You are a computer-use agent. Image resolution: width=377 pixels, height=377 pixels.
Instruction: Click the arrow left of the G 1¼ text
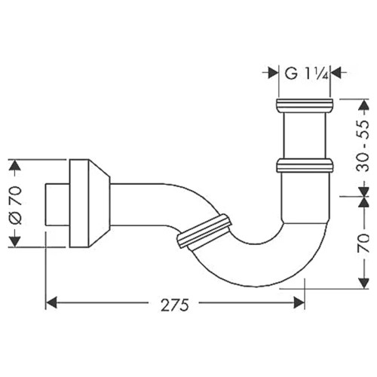271,73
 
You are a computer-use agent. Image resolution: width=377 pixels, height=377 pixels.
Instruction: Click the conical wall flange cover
90,204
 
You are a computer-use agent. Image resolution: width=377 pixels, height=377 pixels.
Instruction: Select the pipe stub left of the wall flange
57,204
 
